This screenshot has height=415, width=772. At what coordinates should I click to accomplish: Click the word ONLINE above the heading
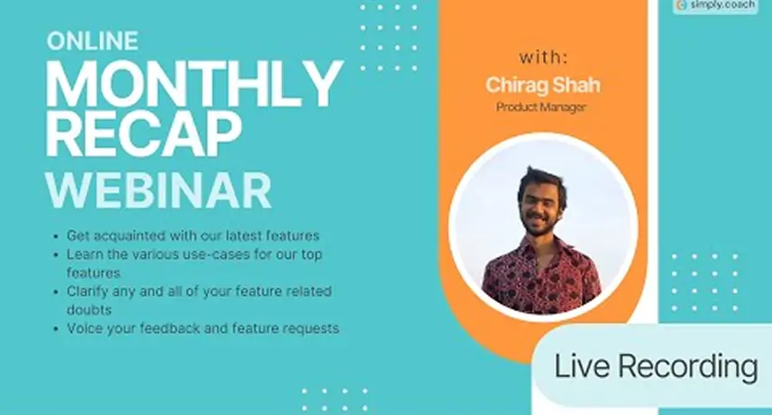coord(93,41)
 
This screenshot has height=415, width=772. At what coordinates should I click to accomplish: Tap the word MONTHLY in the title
coord(194,84)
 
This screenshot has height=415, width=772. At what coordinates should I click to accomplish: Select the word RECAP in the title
coord(143,133)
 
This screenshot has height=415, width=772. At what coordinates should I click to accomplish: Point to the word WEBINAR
coord(159,190)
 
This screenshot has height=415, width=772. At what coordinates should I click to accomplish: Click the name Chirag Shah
coord(543,85)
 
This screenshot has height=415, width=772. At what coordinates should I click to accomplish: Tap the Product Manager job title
coord(541,106)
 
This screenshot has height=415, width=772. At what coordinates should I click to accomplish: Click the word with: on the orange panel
coord(544,58)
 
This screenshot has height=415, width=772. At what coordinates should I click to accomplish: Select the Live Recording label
coord(657,367)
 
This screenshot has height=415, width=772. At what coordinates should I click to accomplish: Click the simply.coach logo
coord(715,5)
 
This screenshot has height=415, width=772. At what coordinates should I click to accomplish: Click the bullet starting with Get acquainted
coord(193,235)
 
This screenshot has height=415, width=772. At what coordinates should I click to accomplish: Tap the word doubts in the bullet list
coord(89,310)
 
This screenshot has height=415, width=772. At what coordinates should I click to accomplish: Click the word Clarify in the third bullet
coord(87,292)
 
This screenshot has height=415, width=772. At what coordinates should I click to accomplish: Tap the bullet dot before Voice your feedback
coord(56,329)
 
